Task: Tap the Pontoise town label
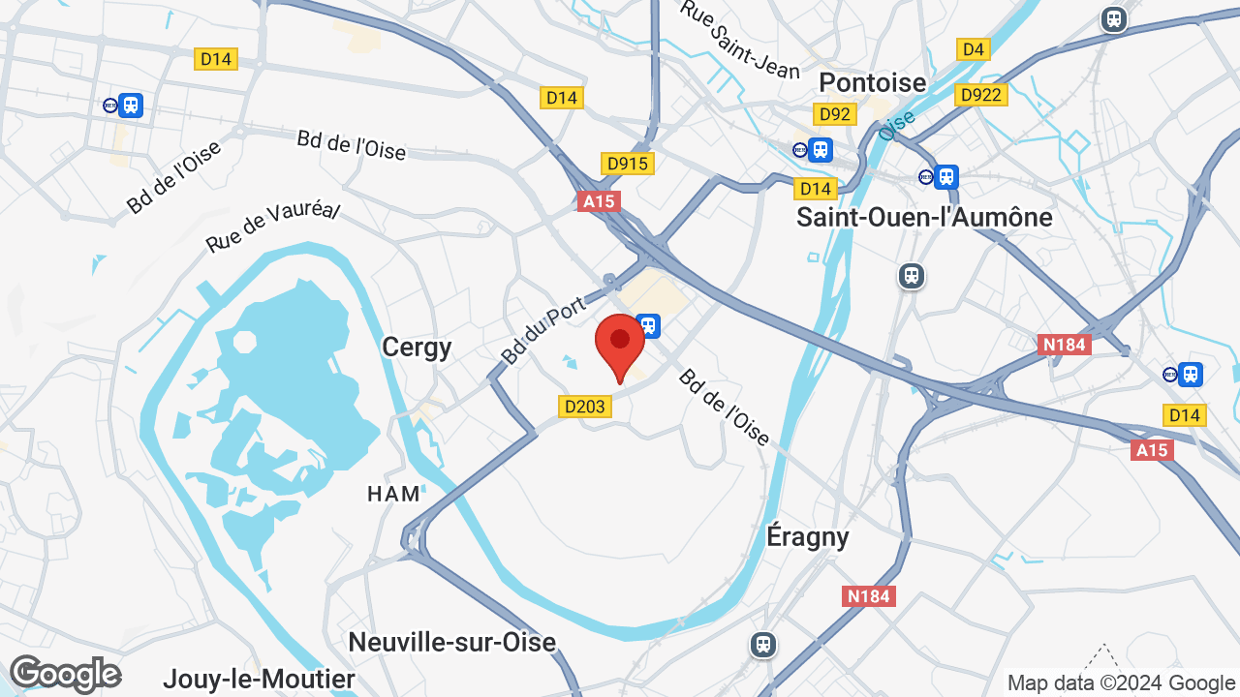tap(872, 82)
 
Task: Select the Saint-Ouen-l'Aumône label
tap(924, 217)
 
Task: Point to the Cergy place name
tap(417, 347)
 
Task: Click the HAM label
tap(394, 494)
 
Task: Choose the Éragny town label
tap(807, 536)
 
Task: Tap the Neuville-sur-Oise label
tap(451, 642)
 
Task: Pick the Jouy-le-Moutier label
tap(259, 679)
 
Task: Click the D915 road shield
tap(627, 164)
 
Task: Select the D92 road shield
tap(834, 114)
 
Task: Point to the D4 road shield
tap(973, 49)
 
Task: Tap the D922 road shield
tap(981, 94)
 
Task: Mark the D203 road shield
tap(585, 407)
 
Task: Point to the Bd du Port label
tap(542, 331)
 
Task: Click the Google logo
tap(65, 674)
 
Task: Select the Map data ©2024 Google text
tap(1121, 682)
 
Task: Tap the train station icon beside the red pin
tap(648, 325)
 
